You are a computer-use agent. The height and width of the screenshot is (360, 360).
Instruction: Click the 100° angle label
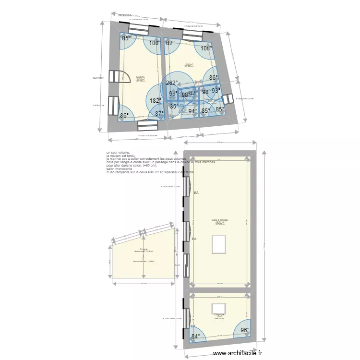(155, 43)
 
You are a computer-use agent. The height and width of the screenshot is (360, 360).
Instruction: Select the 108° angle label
(206, 48)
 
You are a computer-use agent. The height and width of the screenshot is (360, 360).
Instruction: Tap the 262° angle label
(172, 83)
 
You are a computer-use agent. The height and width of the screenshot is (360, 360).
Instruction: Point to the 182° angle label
(155, 101)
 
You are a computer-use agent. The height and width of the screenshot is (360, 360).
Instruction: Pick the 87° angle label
(159, 114)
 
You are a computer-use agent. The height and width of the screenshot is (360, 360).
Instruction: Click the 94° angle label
(193, 111)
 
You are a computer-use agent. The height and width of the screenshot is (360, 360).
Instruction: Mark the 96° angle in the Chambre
(245, 330)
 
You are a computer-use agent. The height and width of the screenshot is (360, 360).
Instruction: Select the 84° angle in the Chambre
(195, 336)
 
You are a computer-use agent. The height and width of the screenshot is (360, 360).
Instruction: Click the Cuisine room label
(140, 77)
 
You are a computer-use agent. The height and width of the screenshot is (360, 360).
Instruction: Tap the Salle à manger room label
(220, 221)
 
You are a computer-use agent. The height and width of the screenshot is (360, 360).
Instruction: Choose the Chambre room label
(219, 315)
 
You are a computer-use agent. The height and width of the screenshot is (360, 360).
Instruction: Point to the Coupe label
(144, 249)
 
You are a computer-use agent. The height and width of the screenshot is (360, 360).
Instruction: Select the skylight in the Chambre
(219, 307)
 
